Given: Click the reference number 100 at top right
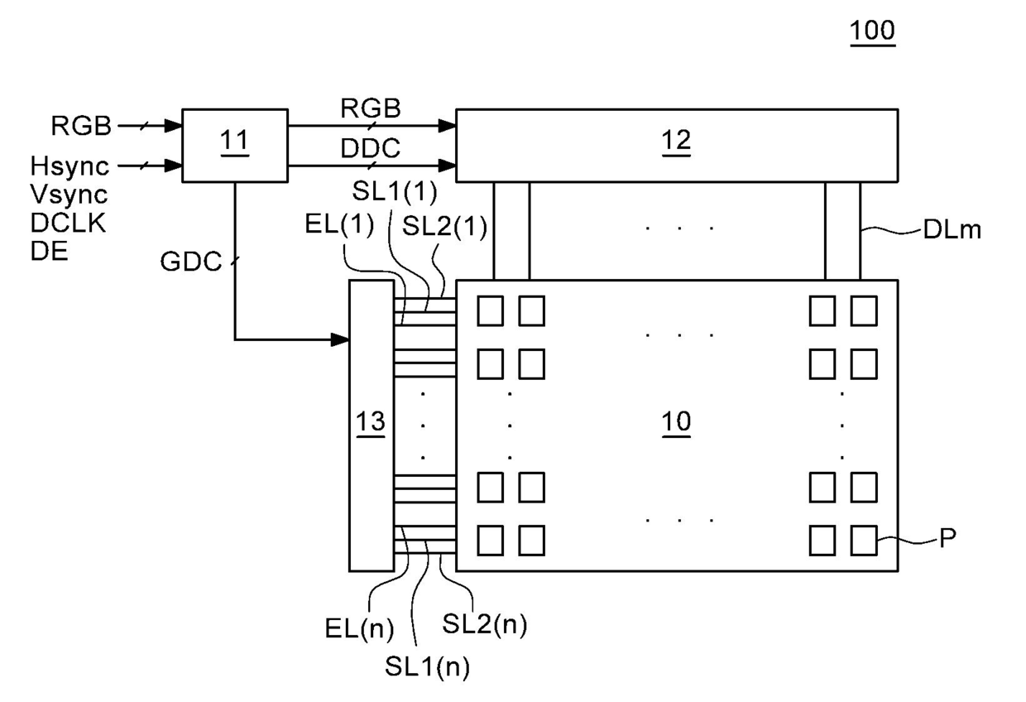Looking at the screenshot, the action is [872, 31].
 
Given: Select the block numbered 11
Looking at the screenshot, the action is [235, 146].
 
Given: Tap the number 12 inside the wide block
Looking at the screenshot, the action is [676, 140].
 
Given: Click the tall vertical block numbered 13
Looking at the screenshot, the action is [372, 426].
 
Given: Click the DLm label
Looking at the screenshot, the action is [952, 229].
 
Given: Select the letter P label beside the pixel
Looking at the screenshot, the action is [947, 537].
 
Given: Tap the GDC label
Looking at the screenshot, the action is [191, 262].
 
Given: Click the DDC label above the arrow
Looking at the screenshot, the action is [370, 148].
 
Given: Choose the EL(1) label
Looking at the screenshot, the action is [339, 224].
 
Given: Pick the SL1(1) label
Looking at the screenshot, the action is [395, 191].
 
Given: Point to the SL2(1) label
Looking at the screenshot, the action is [444, 226].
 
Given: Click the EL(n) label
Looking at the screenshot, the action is [360, 628].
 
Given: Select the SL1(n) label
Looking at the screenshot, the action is [427, 666].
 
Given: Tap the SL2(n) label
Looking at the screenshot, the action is [485, 623].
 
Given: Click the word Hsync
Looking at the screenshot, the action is [70, 166].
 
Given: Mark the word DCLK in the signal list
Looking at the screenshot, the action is [68, 224].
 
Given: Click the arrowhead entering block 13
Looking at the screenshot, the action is [340, 339].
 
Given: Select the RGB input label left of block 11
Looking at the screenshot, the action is [81, 125].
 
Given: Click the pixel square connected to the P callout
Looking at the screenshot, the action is [864, 541].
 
